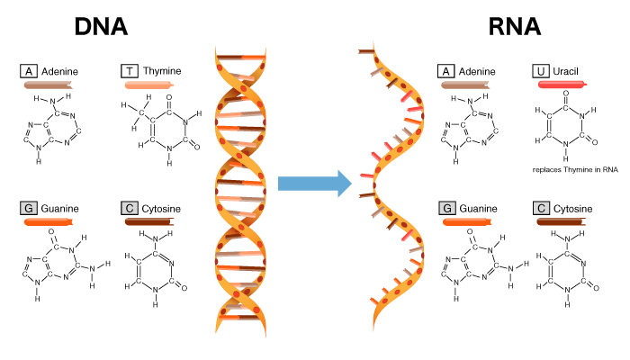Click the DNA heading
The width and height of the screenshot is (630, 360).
pyautogui.click(x=101, y=26)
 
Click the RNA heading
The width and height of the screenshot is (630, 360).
pyautogui.click(x=514, y=26)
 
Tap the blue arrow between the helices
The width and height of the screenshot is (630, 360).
pyautogui.click(x=315, y=184)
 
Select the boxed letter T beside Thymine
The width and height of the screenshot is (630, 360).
pyautogui.click(x=130, y=71)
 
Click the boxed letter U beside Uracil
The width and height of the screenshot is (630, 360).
pyautogui.click(x=541, y=71)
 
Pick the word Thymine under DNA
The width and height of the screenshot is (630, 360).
pyautogui.click(x=162, y=71)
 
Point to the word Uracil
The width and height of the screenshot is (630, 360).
pyautogui.click(x=565, y=71)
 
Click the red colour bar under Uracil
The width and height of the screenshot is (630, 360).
pyautogui.click(x=562, y=85)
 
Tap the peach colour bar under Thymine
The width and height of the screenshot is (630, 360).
pyautogui.click(x=149, y=85)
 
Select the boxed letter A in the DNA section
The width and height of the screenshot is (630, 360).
pyautogui.click(x=29, y=71)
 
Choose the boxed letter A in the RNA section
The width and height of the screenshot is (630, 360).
pyautogui.click(x=446, y=71)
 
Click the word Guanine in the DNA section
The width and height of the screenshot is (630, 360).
pyautogui.click(x=60, y=209)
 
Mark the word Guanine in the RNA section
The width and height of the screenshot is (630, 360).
pyautogui.click(x=478, y=209)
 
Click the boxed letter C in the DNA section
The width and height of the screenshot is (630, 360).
pyautogui.click(x=130, y=208)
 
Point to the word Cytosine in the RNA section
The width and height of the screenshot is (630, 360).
pyautogui.click(x=572, y=209)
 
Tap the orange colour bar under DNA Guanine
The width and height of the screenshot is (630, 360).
pyautogui.click(x=49, y=221)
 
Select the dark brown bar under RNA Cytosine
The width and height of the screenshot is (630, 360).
pyautogui.click(x=562, y=221)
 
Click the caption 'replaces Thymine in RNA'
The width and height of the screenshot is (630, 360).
pyautogui.click(x=575, y=169)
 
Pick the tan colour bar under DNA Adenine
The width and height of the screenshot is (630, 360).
pyautogui.click(x=49, y=85)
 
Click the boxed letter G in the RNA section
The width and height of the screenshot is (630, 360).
pyautogui.click(x=447, y=208)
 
